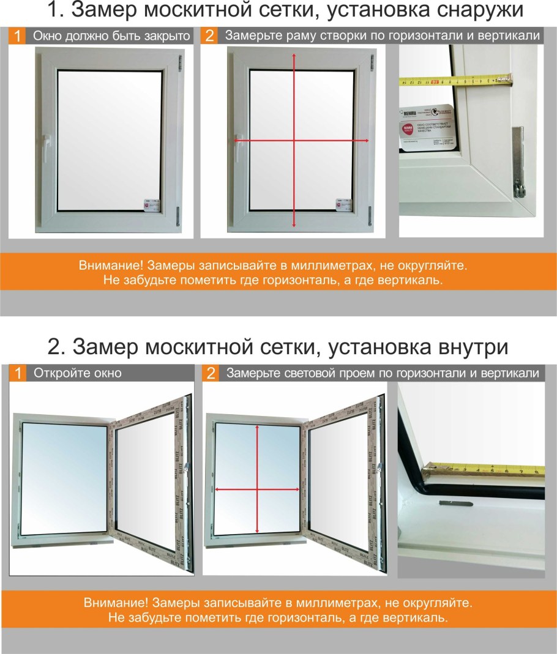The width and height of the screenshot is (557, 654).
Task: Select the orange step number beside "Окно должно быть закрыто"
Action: click(x=18, y=36)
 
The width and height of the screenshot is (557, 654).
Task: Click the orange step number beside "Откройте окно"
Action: click(x=18, y=373)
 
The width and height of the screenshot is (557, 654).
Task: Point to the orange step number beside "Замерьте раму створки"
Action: click(x=209, y=36)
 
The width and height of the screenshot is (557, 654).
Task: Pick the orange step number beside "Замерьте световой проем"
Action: click(x=210, y=373)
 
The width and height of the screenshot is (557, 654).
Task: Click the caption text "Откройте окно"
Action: click(x=77, y=373)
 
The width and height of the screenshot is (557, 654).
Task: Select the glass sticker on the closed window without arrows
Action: click(x=150, y=204)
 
